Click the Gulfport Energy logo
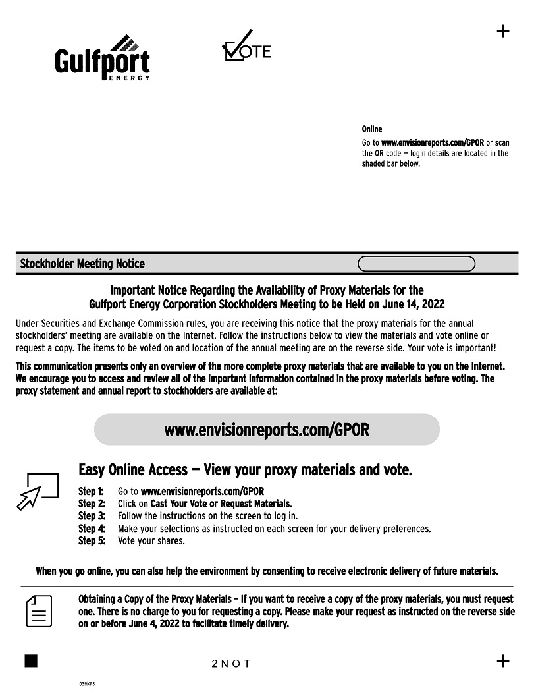pos(102,59)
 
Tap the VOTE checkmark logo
pos(246,46)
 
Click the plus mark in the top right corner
pos(502,31)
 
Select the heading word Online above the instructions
pos(371,129)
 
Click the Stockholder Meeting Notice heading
pos(82,264)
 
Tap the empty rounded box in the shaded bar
pos(416,264)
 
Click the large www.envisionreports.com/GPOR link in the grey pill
pos(267,430)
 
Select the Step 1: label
pos(92,492)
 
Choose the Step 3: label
pos(92,516)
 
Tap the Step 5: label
pos(92,541)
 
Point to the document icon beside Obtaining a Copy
pos(39,611)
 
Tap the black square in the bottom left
pos(31,661)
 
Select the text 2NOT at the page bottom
pos(231,664)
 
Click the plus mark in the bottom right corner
pos(502,661)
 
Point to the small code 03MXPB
pos(87,685)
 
